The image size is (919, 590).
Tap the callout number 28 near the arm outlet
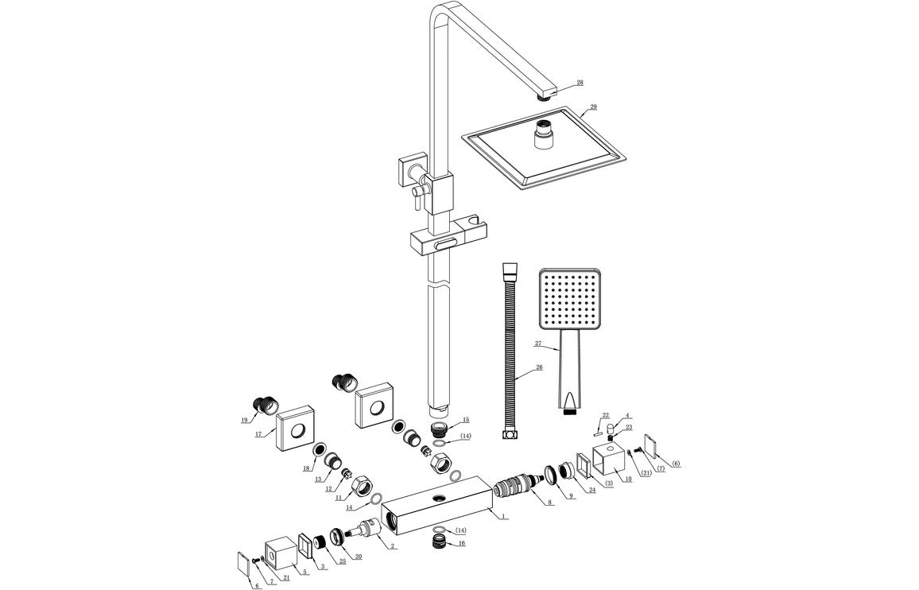(x=580, y=83)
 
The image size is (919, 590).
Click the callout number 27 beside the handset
(x=537, y=344)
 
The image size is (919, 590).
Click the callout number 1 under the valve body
(x=503, y=517)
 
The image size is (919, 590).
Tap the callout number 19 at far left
(x=245, y=420)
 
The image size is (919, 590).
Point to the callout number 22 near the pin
(x=605, y=415)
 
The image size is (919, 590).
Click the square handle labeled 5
(x=277, y=550)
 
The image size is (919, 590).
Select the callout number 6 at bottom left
(x=257, y=587)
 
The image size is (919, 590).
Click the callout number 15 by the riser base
(x=466, y=419)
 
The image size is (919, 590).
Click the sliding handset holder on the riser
(x=433, y=241)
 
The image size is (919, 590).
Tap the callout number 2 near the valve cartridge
(x=392, y=545)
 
